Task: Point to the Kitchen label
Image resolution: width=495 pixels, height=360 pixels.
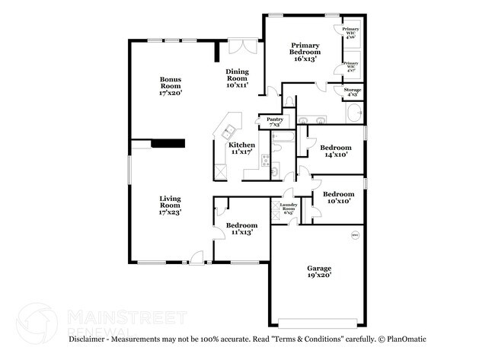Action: coord(242,148)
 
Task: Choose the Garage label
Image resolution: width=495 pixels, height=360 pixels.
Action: coord(319,272)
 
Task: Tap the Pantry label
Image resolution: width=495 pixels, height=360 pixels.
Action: coord(274,121)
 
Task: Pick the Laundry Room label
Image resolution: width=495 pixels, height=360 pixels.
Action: coord(288,209)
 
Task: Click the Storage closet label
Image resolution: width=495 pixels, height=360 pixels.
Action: coord(352,92)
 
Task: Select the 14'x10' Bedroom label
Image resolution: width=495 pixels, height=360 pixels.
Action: coord(335,150)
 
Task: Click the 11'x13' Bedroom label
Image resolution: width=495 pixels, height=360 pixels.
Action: coord(241,228)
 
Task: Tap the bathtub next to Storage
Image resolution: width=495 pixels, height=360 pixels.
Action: coord(354,115)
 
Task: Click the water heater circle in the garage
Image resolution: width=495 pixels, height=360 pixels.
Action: coord(354,236)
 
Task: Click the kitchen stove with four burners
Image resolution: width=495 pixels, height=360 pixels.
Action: coord(265,160)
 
